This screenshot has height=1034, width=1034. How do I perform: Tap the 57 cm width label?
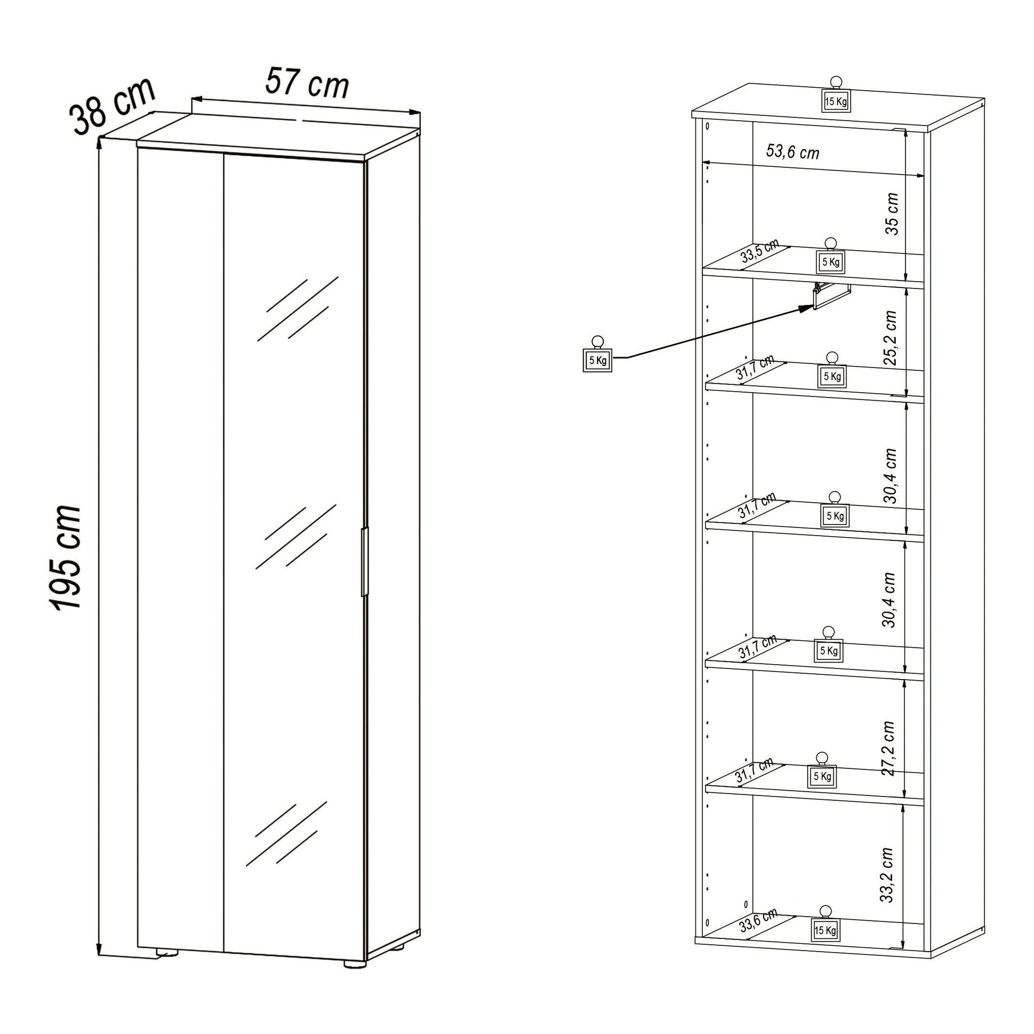pyautogui.click(x=307, y=83)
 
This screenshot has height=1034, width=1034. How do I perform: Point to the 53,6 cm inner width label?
pyautogui.click(x=793, y=152)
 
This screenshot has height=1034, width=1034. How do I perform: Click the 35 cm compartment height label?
pyautogui.click(x=892, y=214)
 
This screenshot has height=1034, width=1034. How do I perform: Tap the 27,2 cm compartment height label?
pyautogui.click(x=888, y=749)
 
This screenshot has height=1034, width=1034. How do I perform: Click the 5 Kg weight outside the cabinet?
pyautogui.click(x=597, y=360)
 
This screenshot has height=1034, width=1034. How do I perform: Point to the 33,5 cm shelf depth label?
pyautogui.click(x=759, y=251)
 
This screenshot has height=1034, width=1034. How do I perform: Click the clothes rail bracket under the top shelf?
pyautogui.click(x=830, y=295)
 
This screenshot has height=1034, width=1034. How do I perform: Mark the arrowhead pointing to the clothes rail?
pyautogui.click(x=807, y=308)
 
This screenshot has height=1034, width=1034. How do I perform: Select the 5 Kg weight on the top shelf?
pyautogui.click(x=830, y=262)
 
